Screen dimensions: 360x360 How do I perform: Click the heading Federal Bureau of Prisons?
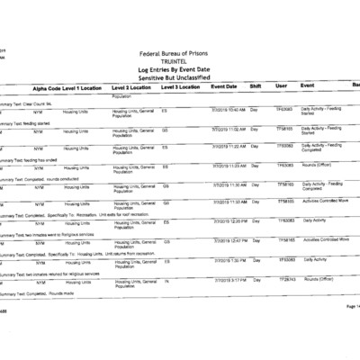tap(180, 55)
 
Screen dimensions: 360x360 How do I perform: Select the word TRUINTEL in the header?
tap(180, 62)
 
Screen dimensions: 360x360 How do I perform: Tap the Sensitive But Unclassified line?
tap(180, 78)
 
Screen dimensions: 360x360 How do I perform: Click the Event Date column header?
tap(223, 86)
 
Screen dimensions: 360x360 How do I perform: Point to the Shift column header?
tap(255, 86)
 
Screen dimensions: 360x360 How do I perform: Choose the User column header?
tap(281, 86)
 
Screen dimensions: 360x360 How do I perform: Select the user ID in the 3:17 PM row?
tap(286, 279)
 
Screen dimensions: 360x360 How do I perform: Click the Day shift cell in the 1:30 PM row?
tap(255, 259)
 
